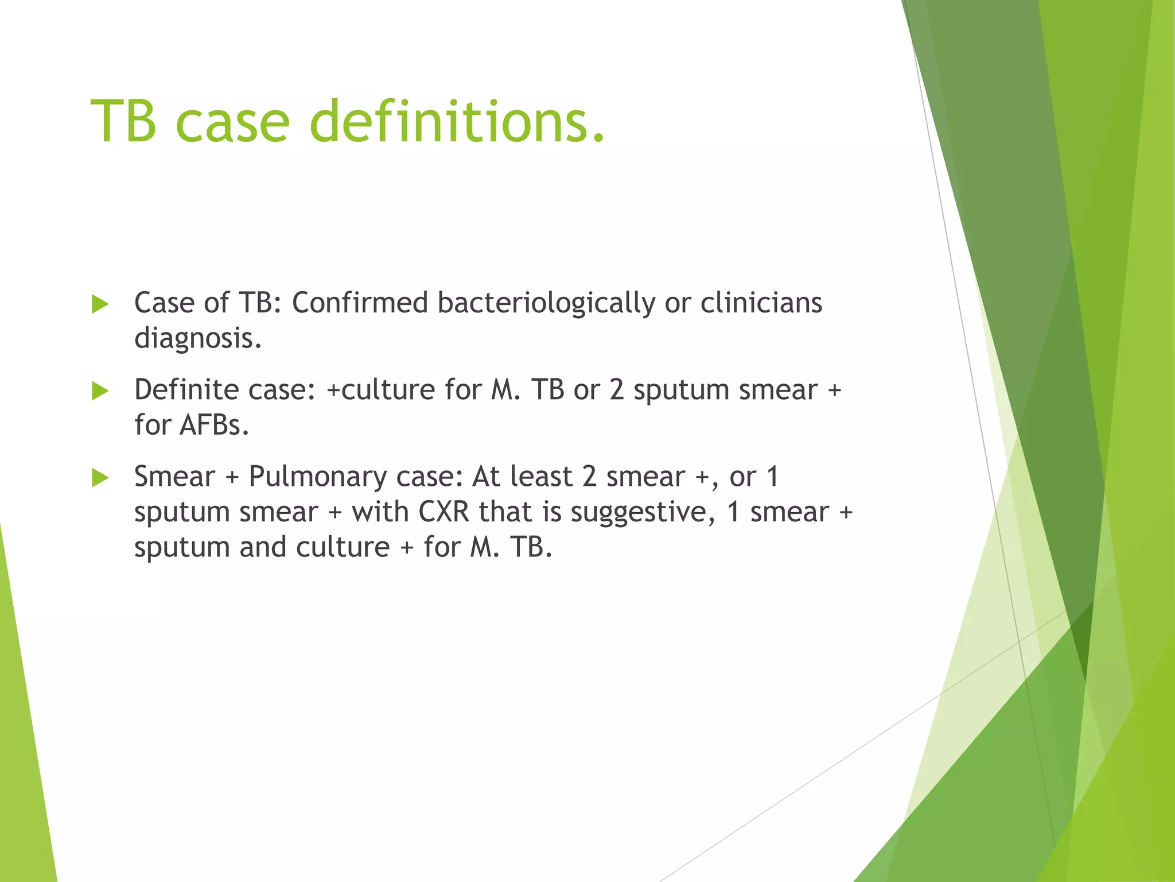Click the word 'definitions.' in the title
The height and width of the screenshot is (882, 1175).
coord(457,122)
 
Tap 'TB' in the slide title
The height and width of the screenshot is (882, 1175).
coord(123,122)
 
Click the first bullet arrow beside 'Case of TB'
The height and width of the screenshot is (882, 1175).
coord(100,304)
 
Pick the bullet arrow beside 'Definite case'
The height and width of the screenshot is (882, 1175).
coord(100,392)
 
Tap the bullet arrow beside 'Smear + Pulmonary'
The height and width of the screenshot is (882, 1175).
coord(100,478)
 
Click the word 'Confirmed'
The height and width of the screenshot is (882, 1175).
coord(360,303)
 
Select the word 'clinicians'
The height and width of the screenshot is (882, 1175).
coord(761,303)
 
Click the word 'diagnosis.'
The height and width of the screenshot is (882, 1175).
coord(198,339)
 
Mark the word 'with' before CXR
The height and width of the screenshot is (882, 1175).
coord(380,512)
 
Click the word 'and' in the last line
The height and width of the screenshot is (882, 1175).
coord(263,547)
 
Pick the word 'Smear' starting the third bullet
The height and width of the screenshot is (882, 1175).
coord(174,477)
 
